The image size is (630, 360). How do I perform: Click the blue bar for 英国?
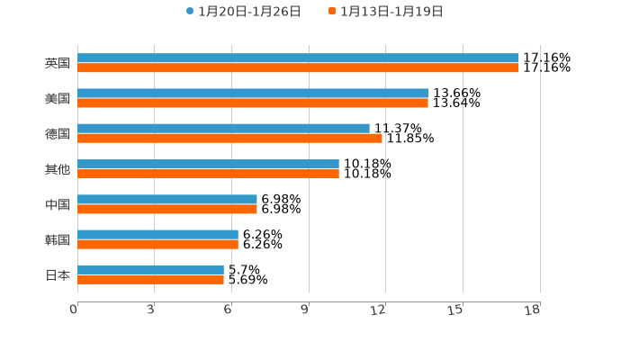click(298, 58)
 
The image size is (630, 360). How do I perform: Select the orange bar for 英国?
click(298, 68)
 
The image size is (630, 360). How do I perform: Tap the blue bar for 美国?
click(253, 94)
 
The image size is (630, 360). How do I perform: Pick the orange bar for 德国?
click(229, 139)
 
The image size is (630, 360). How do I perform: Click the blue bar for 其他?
click(208, 164)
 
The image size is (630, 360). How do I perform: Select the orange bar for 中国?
click(167, 209)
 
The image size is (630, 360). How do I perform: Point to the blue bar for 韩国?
click(157, 235)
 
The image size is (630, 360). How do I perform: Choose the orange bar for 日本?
click(150, 279)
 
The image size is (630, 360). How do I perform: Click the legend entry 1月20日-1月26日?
click(249, 12)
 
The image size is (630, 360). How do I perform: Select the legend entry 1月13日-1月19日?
click(391, 12)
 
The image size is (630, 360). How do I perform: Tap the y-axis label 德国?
click(58, 133)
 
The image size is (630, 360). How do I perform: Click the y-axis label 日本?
click(58, 274)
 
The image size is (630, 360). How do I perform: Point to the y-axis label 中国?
click(58, 204)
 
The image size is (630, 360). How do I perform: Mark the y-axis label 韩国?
click(58, 239)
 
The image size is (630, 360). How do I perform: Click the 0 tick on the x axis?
click(74, 310)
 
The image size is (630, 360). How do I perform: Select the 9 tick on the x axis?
click(305, 310)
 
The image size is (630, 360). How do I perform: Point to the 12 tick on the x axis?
click(379, 310)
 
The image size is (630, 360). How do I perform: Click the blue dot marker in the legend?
click(190, 12)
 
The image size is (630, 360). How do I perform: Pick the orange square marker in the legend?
click(332, 12)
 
